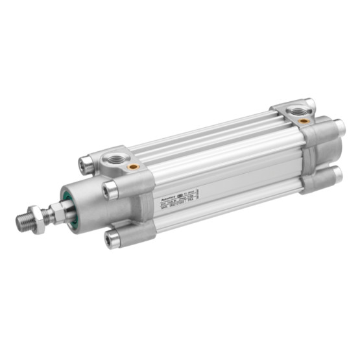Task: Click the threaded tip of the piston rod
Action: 25,222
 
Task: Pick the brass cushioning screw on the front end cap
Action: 134,166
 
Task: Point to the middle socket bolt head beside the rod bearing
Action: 110,190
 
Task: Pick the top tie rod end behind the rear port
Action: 310,103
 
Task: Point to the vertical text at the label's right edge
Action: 198,195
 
